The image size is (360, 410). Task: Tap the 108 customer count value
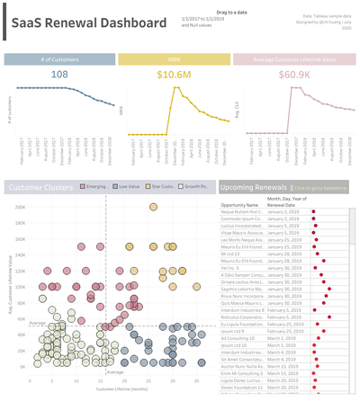click(59, 75)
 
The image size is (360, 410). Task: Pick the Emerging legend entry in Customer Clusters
click(95, 186)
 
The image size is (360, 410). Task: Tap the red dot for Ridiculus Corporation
click(329, 317)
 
